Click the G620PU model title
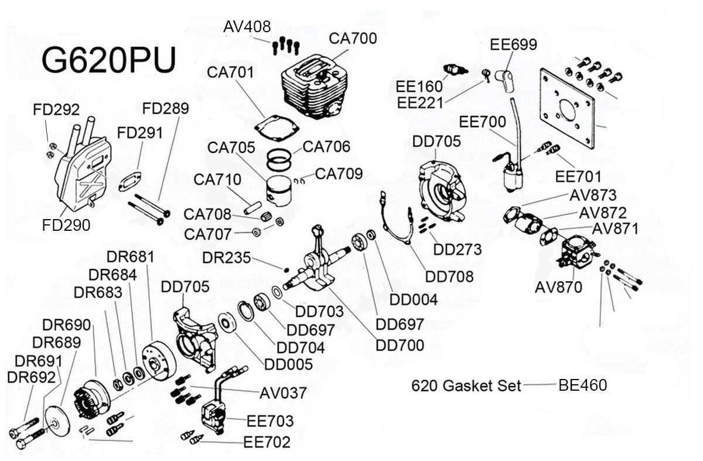(x=109, y=61)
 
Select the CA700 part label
(x=353, y=39)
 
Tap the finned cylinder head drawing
(x=312, y=88)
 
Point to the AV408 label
(x=247, y=27)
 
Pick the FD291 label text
(x=139, y=133)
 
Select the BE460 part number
(x=582, y=385)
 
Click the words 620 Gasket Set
(x=466, y=386)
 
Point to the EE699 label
(x=513, y=45)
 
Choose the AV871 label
(x=615, y=228)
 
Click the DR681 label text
(x=131, y=257)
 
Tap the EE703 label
(x=270, y=421)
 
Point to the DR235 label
(x=226, y=258)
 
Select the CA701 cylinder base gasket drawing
(x=278, y=129)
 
